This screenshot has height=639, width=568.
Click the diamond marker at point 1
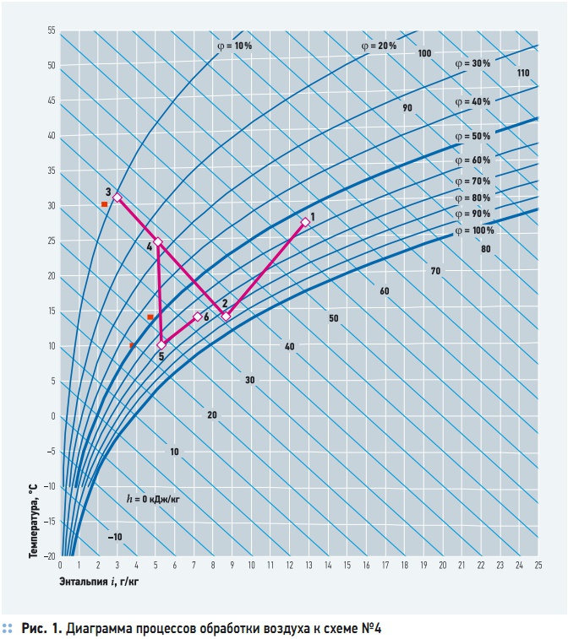305,222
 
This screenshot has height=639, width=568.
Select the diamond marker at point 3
117,198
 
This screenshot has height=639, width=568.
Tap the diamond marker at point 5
161,345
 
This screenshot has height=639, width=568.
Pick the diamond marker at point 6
198,317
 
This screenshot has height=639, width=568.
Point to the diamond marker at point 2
226,317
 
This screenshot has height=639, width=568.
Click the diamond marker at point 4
158,242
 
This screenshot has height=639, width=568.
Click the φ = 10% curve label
234,46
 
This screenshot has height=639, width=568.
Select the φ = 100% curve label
474,230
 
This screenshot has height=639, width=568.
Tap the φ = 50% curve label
472,136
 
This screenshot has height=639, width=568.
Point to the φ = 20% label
379,46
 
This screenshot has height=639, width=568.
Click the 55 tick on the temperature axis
52,30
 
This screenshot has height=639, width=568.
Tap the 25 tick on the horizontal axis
538,566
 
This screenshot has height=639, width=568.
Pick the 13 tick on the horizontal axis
309,566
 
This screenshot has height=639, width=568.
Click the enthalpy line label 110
523,73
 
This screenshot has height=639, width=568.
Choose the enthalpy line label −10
115,537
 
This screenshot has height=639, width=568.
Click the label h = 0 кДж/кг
153,498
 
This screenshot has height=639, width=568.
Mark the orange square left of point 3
105,204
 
